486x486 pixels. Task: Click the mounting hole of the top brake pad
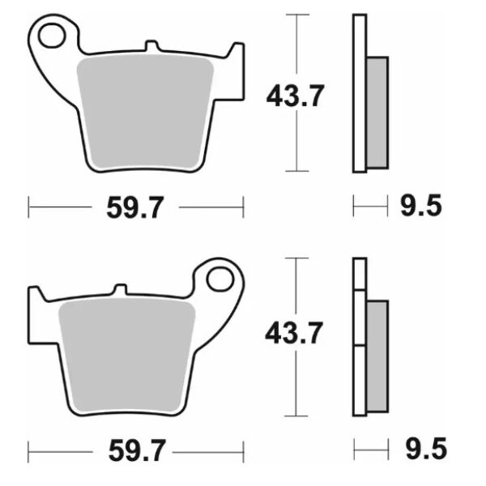[55, 36]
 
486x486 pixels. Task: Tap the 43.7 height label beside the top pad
[296, 96]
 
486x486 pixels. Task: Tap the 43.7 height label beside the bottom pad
[296, 331]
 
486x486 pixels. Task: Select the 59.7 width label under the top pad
[135, 208]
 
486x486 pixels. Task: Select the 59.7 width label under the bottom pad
[135, 449]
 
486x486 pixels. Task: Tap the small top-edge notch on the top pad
[151, 45]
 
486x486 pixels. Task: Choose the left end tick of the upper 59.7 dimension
[29, 208]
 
